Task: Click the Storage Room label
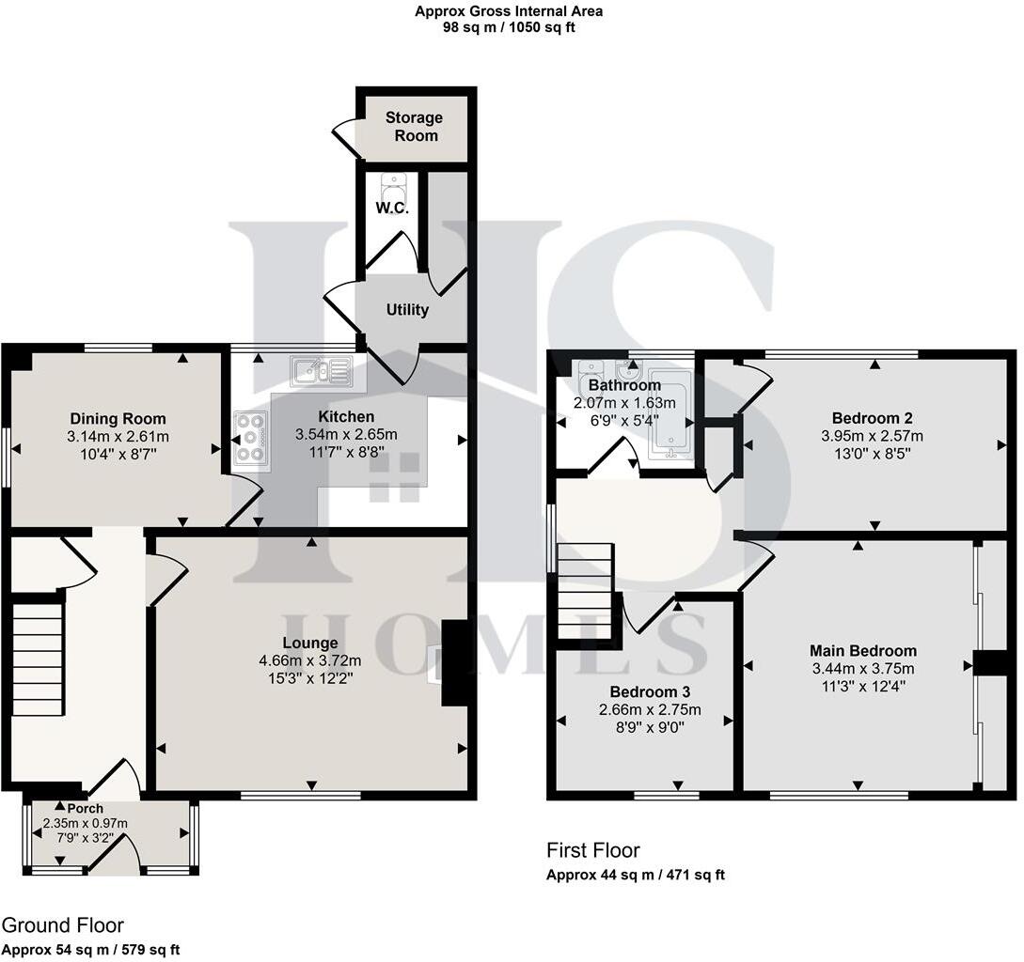(414, 127)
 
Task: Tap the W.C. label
(392, 208)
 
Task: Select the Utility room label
(407, 309)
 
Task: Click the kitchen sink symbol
(321, 372)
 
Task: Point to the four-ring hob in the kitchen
(251, 439)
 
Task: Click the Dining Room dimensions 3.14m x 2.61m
(118, 437)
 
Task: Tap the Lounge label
(312, 643)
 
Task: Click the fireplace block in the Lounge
(455, 662)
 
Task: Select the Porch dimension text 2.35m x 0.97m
(85, 824)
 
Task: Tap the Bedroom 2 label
(872, 418)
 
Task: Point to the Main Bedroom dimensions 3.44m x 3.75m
(862, 669)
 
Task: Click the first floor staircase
(585, 592)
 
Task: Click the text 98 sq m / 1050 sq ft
(509, 27)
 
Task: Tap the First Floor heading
(593, 850)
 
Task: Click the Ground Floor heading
(63, 925)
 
